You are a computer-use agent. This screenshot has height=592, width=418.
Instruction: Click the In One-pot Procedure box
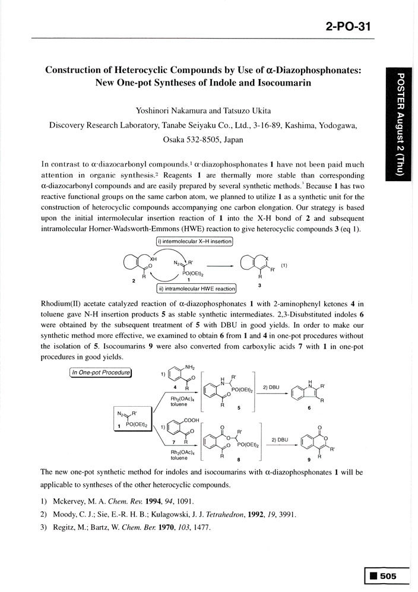pos(100,372)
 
